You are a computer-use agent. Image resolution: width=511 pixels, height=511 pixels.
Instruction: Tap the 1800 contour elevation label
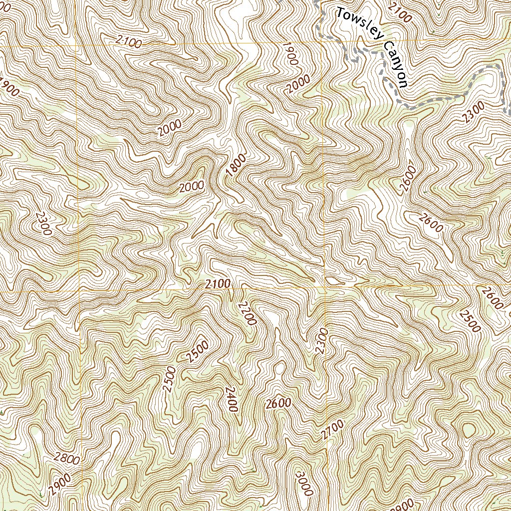236,166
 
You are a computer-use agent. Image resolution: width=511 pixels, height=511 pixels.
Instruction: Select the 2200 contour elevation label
247,314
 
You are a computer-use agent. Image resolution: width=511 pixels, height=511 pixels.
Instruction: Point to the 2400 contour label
230,399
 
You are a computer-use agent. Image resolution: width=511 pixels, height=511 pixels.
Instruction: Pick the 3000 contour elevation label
303,484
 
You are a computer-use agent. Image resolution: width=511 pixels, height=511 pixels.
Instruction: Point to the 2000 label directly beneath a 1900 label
298,84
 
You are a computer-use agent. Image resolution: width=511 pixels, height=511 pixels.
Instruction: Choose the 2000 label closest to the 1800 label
192,187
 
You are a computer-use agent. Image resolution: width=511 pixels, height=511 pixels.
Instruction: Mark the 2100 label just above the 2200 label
218,284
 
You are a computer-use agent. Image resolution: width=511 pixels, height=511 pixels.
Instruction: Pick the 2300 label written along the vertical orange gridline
321,341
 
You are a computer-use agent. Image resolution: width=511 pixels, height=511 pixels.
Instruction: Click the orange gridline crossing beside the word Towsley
320,40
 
